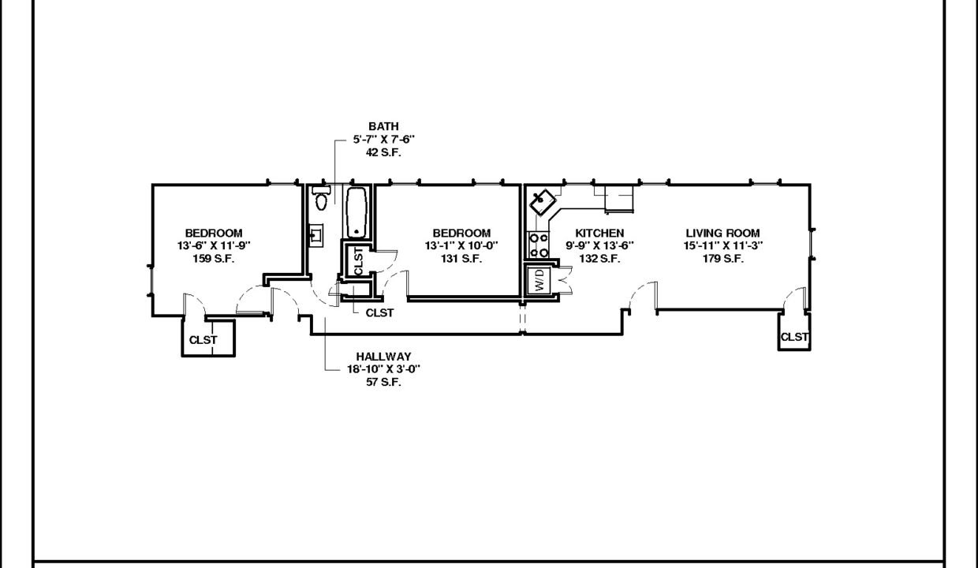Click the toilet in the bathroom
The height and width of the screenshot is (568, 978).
(x=321, y=198)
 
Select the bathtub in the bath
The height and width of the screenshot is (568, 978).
(x=357, y=213)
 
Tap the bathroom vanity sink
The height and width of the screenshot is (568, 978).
(x=316, y=236)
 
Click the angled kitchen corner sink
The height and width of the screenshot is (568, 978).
(x=543, y=202)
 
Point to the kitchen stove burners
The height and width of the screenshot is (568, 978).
(x=538, y=245)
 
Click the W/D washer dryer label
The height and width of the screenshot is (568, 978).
(x=539, y=279)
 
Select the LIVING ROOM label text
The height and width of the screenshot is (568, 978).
(x=722, y=234)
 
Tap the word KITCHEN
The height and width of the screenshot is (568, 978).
(x=599, y=234)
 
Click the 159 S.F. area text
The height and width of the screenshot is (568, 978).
(x=214, y=259)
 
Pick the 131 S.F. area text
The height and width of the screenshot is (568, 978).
(x=461, y=259)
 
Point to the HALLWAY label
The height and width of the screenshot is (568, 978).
(x=383, y=357)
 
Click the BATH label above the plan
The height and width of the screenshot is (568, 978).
(x=383, y=126)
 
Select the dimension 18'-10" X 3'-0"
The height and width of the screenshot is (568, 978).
(x=383, y=369)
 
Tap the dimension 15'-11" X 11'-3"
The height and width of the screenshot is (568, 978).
(x=723, y=246)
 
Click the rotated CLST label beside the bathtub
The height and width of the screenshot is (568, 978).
(x=358, y=261)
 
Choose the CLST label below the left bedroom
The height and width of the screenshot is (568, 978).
(x=203, y=340)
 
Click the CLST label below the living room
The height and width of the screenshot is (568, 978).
(x=794, y=337)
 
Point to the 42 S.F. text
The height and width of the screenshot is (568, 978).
(x=383, y=153)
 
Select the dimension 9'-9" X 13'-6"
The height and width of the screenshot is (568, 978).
(x=599, y=246)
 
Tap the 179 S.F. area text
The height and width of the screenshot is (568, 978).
(x=722, y=259)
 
